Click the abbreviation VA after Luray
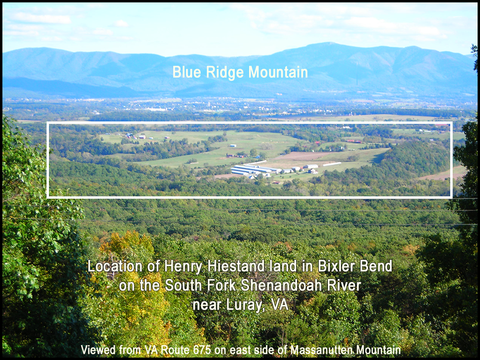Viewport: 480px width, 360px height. [279, 304]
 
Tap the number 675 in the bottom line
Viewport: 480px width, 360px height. [202, 350]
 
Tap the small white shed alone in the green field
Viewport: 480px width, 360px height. [233, 145]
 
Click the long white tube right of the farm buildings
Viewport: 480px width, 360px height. [332, 164]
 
